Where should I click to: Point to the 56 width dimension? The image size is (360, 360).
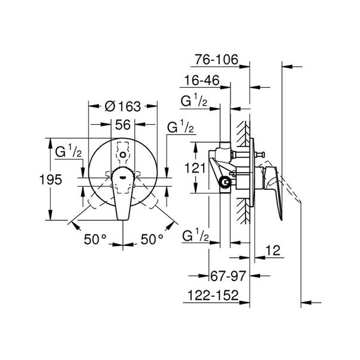(123, 125)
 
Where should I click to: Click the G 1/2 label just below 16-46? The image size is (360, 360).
(194, 102)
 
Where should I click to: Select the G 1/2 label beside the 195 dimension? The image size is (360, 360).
(68, 153)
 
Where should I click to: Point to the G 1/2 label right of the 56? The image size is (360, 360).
(180, 127)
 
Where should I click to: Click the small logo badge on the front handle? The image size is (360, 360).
(122, 176)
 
